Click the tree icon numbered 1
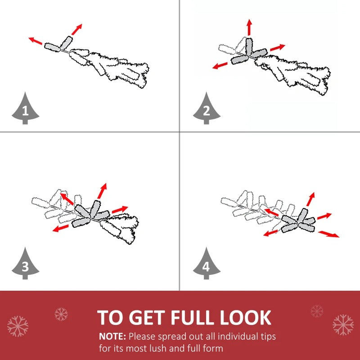click(x=25, y=109)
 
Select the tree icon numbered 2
click(x=207, y=109)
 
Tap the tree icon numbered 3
click(x=25, y=264)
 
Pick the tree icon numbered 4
click(x=207, y=264)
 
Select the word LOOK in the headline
click(x=245, y=318)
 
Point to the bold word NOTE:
click(x=112, y=337)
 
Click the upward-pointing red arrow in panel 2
click(x=249, y=27)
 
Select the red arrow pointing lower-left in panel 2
click(x=220, y=65)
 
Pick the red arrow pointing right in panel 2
click(x=277, y=48)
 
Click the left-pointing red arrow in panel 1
click(x=36, y=40)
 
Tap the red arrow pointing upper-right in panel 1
click(x=76, y=29)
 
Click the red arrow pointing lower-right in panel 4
click(x=328, y=234)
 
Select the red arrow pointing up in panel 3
click(x=102, y=191)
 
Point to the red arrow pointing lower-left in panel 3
click(x=61, y=228)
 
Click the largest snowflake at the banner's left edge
click(x=18, y=326)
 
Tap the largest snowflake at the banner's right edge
click(x=343, y=324)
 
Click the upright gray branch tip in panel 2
click(x=249, y=46)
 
